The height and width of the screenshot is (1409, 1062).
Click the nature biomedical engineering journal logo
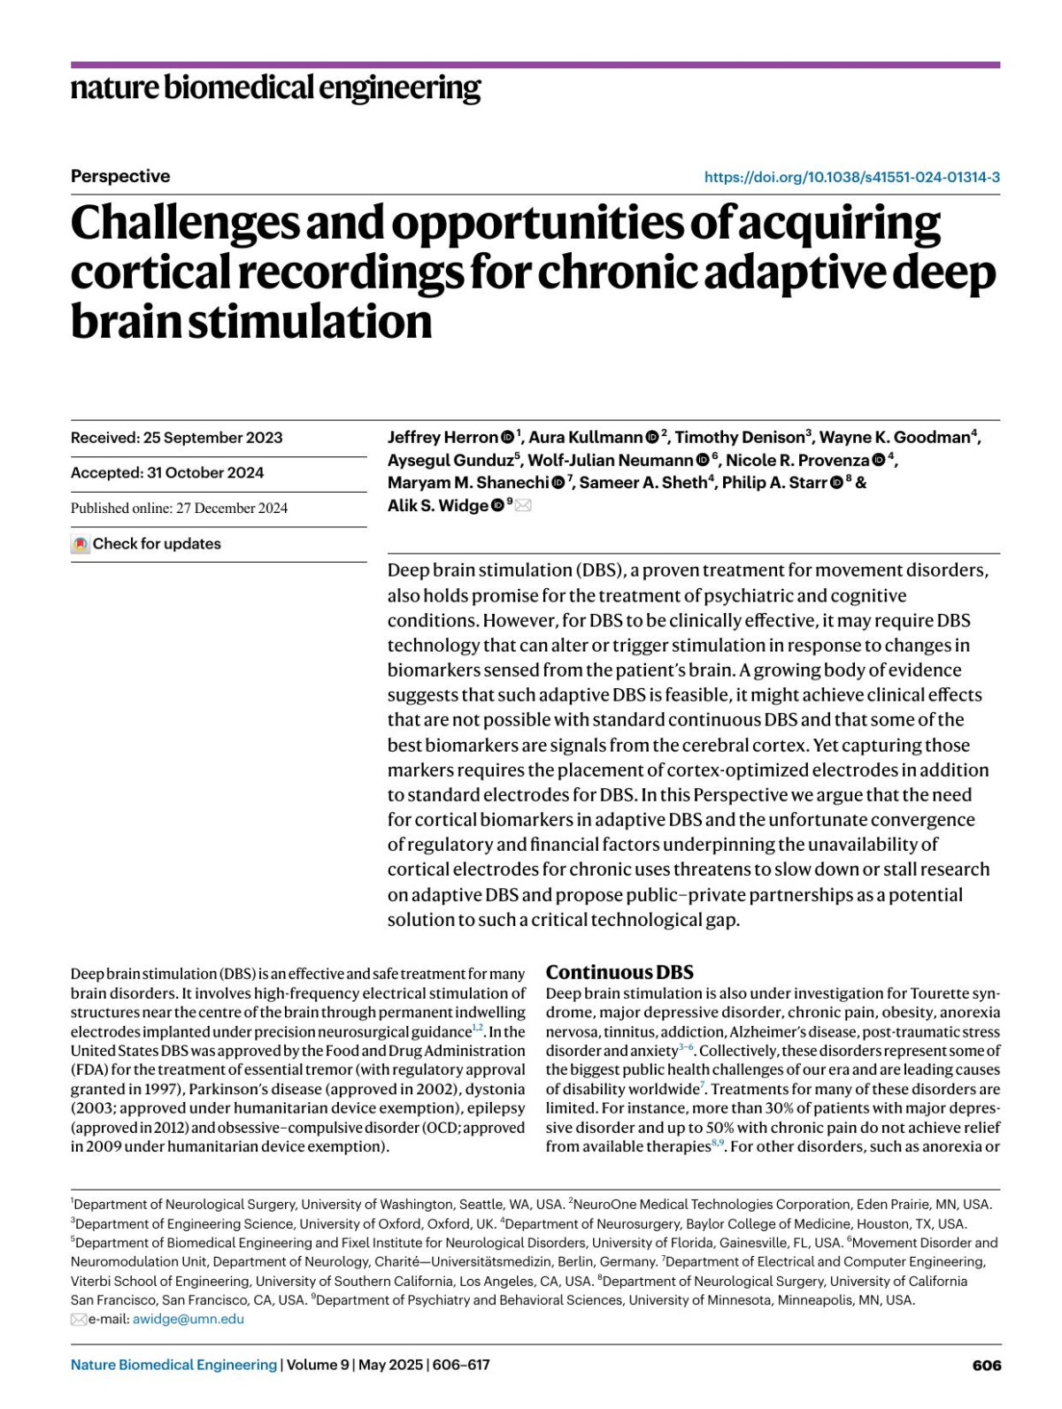point(275,88)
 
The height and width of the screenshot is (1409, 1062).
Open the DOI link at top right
point(851,177)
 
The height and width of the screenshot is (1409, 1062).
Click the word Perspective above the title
point(120,176)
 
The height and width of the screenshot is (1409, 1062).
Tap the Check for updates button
point(147,544)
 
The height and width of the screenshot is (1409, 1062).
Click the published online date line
point(179,508)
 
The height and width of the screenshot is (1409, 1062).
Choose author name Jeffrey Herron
point(442,437)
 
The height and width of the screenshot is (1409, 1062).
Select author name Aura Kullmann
point(586,437)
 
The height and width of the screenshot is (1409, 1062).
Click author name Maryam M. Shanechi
point(468,482)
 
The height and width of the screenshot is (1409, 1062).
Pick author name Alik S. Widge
point(437,505)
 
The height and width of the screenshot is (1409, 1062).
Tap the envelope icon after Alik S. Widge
point(523,505)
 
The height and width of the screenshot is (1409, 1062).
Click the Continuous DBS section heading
point(619,972)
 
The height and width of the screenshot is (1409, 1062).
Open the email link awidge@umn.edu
point(189,1319)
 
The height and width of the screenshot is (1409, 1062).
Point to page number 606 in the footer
point(986,1365)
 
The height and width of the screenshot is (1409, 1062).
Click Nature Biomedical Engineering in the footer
point(173,1365)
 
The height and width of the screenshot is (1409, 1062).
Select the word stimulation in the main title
point(310,321)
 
